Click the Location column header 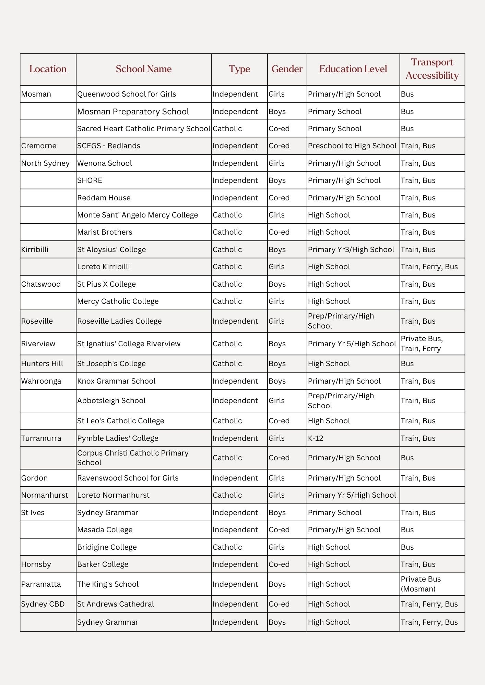pyautogui.click(x=48, y=69)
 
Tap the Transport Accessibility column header pyautogui.click(x=432, y=69)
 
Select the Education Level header pyautogui.click(x=353, y=69)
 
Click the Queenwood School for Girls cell pyautogui.click(x=127, y=94)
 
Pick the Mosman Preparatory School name pyautogui.click(x=133, y=112)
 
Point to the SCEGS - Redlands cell pyautogui.click(x=109, y=146)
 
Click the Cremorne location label pyautogui.click(x=39, y=146)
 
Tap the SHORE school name pyautogui.click(x=90, y=180)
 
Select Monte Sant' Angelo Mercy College pyautogui.click(x=138, y=215)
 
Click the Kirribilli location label pyautogui.click(x=35, y=250)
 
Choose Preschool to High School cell pyautogui.click(x=352, y=146)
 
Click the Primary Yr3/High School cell pyautogui.click(x=351, y=250)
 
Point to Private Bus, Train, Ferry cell pyautogui.click(x=422, y=344)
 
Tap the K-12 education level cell pyautogui.click(x=316, y=438)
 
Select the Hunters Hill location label pyautogui.click(x=42, y=364)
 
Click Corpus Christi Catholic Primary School pyautogui.click(x=133, y=458)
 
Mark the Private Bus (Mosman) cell pyautogui.click(x=421, y=584)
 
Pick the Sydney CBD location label pyautogui.click(x=43, y=604)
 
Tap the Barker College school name pyautogui.click(x=103, y=564)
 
